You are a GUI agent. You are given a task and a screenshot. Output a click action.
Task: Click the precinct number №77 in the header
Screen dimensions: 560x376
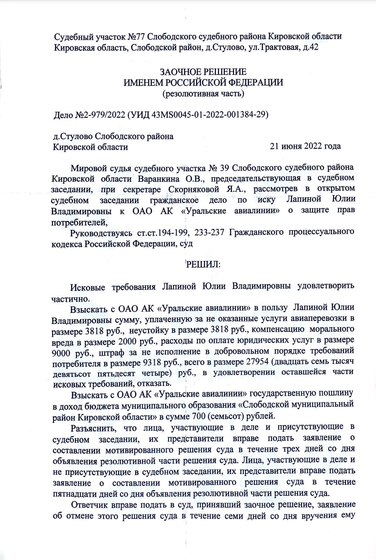pyautogui.click(x=135, y=36)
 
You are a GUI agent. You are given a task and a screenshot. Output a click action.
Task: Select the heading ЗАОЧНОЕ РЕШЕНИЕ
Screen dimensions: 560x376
pyautogui.click(x=203, y=72)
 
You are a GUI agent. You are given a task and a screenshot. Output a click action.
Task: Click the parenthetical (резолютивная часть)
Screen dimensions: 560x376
pyautogui.click(x=203, y=93)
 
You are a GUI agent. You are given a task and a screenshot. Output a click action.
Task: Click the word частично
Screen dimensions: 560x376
pyautogui.click(x=66, y=298)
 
